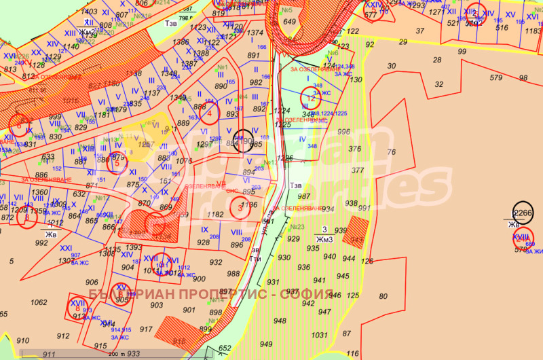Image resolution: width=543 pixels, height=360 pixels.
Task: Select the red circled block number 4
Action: [x=210, y=115]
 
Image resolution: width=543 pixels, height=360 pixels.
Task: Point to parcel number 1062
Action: [x=39, y=302]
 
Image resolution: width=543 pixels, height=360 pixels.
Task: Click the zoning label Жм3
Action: [x=324, y=238]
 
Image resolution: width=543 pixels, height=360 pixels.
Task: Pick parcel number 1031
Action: [x=319, y=334]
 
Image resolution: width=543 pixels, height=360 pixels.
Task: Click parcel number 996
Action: [x=344, y=132]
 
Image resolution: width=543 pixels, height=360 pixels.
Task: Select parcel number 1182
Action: [x=215, y=214]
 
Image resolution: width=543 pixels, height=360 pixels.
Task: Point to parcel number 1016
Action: [x=71, y=98]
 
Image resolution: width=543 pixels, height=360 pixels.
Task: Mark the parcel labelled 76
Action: [x=391, y=151]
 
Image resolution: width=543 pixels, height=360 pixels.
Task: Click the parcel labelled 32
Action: [x=438, y=84]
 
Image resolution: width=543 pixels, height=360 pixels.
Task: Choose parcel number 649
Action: [x=290, y=22]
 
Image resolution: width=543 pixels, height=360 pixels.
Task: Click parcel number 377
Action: [x=358, y=171]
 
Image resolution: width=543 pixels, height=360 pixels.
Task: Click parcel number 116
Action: [x=352, y=353]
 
